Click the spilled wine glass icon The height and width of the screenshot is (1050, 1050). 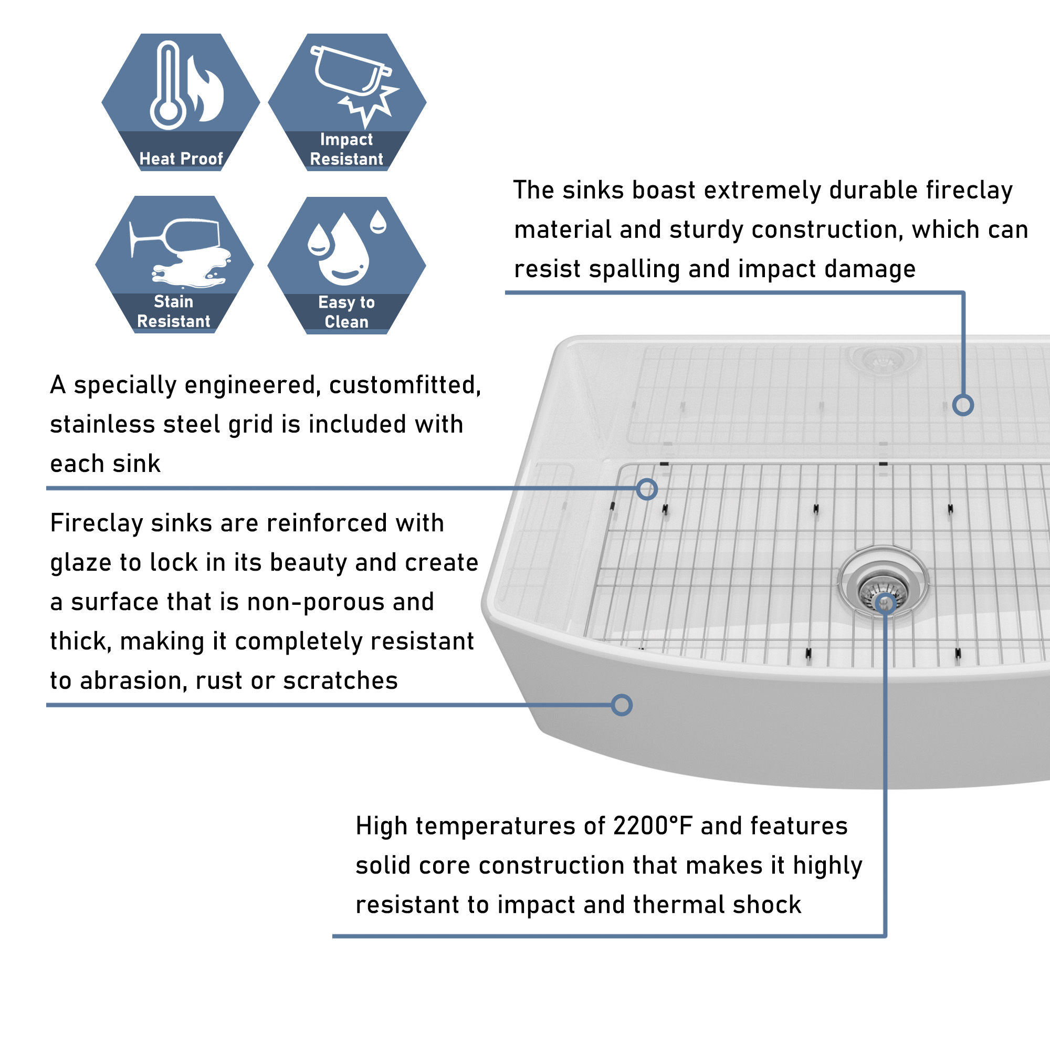[180, 251]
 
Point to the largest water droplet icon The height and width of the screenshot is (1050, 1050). [343, 250]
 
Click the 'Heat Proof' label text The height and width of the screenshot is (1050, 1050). [181, 159]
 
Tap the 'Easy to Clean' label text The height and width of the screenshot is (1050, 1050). [346, 312]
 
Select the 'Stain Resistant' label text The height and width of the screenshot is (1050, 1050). [173, 311]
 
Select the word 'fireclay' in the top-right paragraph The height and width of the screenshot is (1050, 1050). [969, 191]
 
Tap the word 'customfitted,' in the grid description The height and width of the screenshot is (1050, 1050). [405, 385]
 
